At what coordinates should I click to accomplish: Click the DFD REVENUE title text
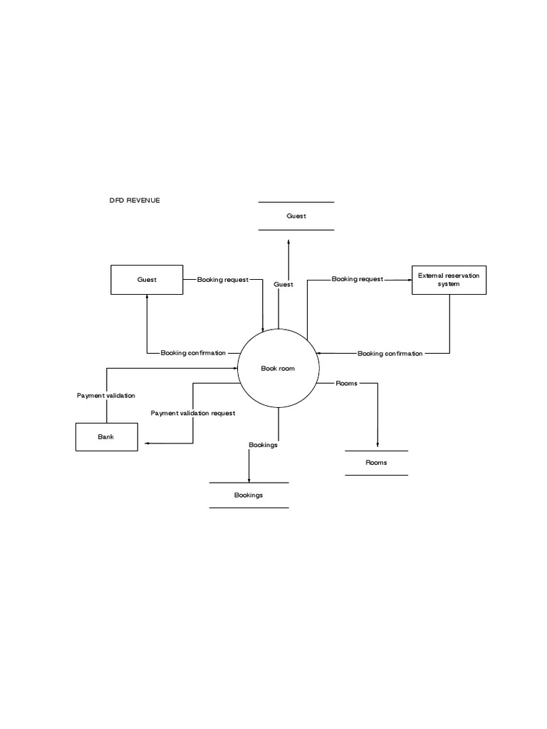click(135, 201)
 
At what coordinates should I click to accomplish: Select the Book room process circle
click(278, 368)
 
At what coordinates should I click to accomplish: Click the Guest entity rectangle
click(147, 280)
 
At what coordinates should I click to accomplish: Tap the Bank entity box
click(106, 436)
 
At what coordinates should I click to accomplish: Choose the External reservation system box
click(449, 280)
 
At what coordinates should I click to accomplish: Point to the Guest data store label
click(296, 216)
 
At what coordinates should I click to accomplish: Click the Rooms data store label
click(376, 463)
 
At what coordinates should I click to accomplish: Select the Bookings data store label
click(249, 495)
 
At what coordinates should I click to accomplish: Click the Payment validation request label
click(193, 413)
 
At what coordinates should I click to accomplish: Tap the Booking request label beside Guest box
click(223, 280)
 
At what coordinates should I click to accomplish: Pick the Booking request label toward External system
click(357, 279)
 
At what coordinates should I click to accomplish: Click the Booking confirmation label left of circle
click(193, 353)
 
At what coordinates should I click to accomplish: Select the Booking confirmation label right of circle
click(390, 353)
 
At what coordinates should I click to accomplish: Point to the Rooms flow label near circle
click(346, 384)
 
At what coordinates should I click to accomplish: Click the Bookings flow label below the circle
click(263, 445)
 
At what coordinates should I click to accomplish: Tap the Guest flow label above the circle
click(283, 285)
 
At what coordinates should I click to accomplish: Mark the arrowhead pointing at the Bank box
click(147, 444)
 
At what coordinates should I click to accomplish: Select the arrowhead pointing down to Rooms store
click(377, 446)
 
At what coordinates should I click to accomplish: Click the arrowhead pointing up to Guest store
click(288, 242)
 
